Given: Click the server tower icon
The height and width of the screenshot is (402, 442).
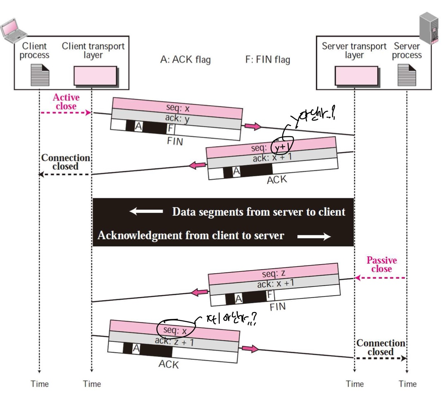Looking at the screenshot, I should (x=430, y=27).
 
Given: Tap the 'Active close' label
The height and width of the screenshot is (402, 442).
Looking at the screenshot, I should (x=65, y=102).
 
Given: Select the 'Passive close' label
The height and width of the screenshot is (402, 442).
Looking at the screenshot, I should (x=381, y=265).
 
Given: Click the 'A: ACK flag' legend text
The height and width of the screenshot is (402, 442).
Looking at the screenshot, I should (x=185, y=60).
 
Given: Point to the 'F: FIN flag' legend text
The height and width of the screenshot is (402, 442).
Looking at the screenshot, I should (x=268, y=60).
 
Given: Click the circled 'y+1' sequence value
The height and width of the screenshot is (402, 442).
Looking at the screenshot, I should (x=282, y=147).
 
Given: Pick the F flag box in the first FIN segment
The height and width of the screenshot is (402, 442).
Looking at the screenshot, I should (x=170, y=129).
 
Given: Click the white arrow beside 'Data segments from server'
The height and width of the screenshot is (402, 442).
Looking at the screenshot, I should (x=146, y=212).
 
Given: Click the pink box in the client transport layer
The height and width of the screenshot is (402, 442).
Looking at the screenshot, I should (x=95, y=76).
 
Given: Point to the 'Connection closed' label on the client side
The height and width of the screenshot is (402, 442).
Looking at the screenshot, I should (x=65, y=162).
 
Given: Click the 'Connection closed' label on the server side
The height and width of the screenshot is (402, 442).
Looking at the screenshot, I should (x=381, y=347).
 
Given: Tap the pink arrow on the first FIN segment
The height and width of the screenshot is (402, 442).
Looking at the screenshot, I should (x=253, y=126).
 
